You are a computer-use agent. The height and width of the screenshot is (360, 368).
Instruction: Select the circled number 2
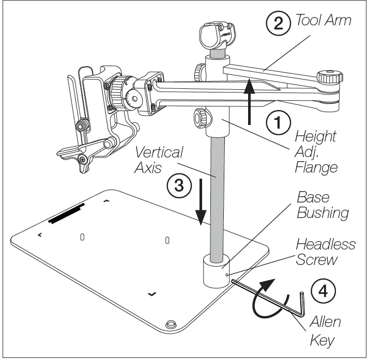coord(278,23)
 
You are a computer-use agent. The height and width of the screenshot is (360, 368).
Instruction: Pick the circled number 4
coord(323,291)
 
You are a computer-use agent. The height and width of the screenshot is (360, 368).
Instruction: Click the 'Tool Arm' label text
coord(323,21)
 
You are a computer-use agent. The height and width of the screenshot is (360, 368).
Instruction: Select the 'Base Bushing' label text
coord(321,206)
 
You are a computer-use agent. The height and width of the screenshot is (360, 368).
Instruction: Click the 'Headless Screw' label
coord(325,252)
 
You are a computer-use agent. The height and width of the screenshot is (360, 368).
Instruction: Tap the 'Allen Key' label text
coord(324,331)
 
